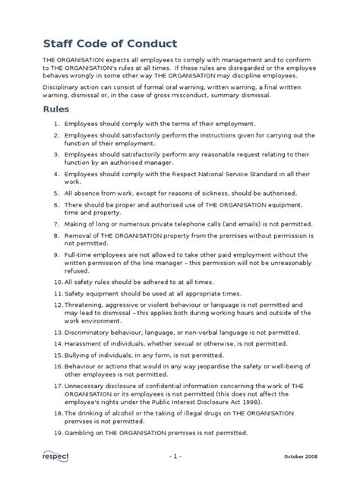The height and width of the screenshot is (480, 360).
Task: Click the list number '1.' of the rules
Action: (x=57, y=123)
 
